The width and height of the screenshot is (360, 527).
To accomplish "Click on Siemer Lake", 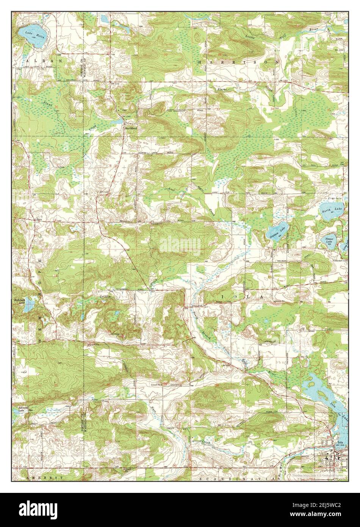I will point(329,240).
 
